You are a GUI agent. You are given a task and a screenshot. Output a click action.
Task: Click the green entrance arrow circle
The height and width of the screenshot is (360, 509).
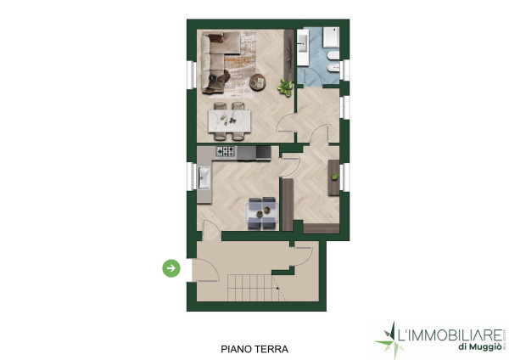[x=171, y=268]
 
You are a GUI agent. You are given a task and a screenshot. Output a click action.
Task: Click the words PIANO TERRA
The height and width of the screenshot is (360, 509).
[x=255, y=349]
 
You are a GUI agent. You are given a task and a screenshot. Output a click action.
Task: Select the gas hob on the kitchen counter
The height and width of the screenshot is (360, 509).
[x=226, y=151]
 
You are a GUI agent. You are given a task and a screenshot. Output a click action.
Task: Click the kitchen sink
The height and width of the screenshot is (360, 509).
[x=204, y=177]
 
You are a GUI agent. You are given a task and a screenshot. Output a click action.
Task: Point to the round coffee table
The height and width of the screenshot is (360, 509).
[x=257, y=82]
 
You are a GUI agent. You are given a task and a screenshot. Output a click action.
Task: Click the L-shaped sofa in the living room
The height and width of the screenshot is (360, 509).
[x=215, y=62]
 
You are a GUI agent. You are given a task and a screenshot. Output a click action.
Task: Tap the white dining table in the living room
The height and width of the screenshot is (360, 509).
[x=230, y=121]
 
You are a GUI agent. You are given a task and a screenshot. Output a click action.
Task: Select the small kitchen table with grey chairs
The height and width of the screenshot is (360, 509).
[x=262, y=213]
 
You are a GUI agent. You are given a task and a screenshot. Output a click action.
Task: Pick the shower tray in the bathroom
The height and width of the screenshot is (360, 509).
[x=331, y=37]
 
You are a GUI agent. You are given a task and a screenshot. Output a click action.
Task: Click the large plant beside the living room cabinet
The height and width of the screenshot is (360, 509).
[x=285, y=87]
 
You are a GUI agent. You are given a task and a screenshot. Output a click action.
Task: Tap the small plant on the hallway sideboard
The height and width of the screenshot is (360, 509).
[x=334, y=177]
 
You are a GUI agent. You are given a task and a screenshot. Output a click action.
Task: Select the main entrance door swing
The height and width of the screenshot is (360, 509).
[x=205, y=270]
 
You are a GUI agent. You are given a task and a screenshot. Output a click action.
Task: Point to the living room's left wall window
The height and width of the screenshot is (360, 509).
[x=192, y=75]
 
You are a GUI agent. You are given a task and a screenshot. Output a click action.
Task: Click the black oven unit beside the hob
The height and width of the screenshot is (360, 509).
[x=263, y=153]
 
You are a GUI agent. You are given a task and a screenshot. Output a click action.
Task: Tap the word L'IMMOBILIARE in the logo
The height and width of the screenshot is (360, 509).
[x=450, y=335]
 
